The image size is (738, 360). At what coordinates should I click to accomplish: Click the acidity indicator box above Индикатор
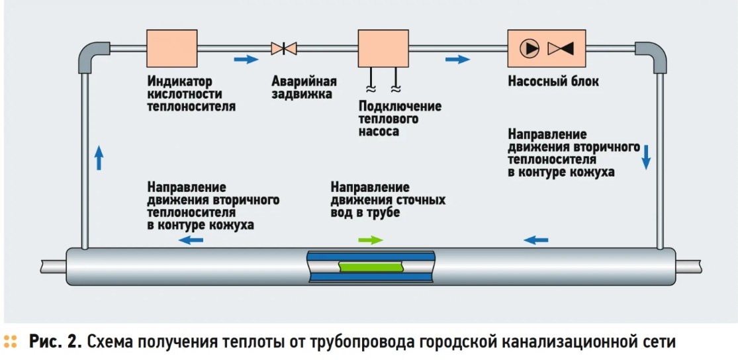click(x=172, y=48)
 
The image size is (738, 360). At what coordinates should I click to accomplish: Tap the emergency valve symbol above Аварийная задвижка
click(x=284, y=48)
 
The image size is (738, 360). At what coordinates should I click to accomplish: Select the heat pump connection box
click(x=383, y=48)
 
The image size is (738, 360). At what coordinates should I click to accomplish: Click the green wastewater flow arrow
click(x=371, y=240)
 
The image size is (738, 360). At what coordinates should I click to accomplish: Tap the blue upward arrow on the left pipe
click(x=99, y=157)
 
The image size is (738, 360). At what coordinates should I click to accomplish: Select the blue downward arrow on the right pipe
click(x=646, y=157)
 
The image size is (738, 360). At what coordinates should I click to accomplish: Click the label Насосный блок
click(x=553, y=81)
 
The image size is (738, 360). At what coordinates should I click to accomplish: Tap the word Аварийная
click(x=304, y=81)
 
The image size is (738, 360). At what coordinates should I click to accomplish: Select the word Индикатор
click(x=179, y=81)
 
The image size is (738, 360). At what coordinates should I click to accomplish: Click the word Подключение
click(x=400, y=106)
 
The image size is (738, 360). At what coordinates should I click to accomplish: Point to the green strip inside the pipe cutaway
click(x=371, y=267)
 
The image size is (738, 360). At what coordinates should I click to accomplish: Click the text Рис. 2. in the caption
click(x=56, y=342)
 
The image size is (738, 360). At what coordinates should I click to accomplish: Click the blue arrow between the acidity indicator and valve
click(x=247, y=60)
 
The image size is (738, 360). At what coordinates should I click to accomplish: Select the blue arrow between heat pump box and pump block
click(x=458, y=60)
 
